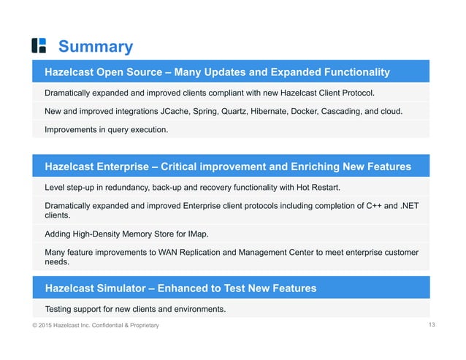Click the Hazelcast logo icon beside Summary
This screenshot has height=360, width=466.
(39, 45)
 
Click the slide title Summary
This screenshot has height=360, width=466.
(95, 47)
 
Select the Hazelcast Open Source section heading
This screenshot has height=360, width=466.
(217, 72)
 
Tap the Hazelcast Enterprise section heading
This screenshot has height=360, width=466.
(227, 166)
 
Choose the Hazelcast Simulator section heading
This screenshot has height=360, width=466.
(180, 288)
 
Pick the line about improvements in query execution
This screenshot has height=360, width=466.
(107, 130)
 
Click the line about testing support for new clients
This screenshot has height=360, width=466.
(135, 308)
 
